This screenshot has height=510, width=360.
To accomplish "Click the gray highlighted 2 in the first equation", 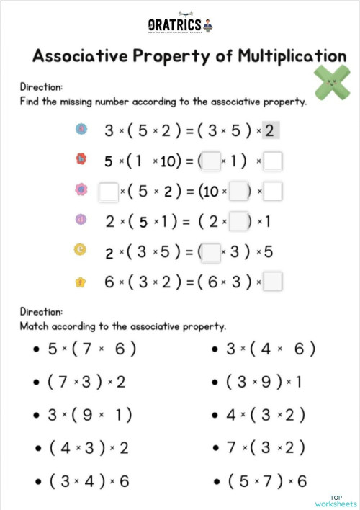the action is (269, 130).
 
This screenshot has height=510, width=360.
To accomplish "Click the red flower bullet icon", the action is (81, 158).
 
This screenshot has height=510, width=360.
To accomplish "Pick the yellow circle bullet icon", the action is (81, 250).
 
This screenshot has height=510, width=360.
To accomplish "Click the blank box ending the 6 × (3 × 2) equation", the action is (273, 282).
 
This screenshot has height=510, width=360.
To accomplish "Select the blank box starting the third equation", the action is (108, 192).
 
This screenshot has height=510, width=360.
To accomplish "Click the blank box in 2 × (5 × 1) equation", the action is (238, 221).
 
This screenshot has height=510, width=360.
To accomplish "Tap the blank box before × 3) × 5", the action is (210, 251).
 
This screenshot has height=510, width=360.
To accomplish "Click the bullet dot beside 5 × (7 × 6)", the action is (35, 349).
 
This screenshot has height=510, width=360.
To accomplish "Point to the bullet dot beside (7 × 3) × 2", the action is (35, 382).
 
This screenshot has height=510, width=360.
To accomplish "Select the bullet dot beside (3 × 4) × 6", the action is (35, 481).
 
